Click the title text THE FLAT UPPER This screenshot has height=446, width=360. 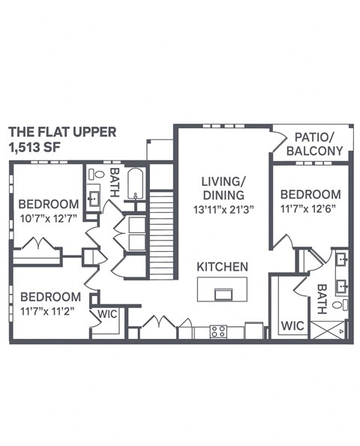(x=62, y=132)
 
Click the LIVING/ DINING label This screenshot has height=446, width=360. (x=223, y=189)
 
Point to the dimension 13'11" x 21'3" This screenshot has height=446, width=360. (x=223, y=209)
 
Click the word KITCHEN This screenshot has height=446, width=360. (x=223, y=267)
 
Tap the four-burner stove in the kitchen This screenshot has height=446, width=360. (x=218, y=331)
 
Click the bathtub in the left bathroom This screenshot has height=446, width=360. (x=136, y=184)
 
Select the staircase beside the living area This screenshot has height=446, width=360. (x=163, y=232)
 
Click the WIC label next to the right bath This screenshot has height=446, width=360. (x=292, y=327)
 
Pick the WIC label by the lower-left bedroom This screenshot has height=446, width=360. (x=108, y=314)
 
